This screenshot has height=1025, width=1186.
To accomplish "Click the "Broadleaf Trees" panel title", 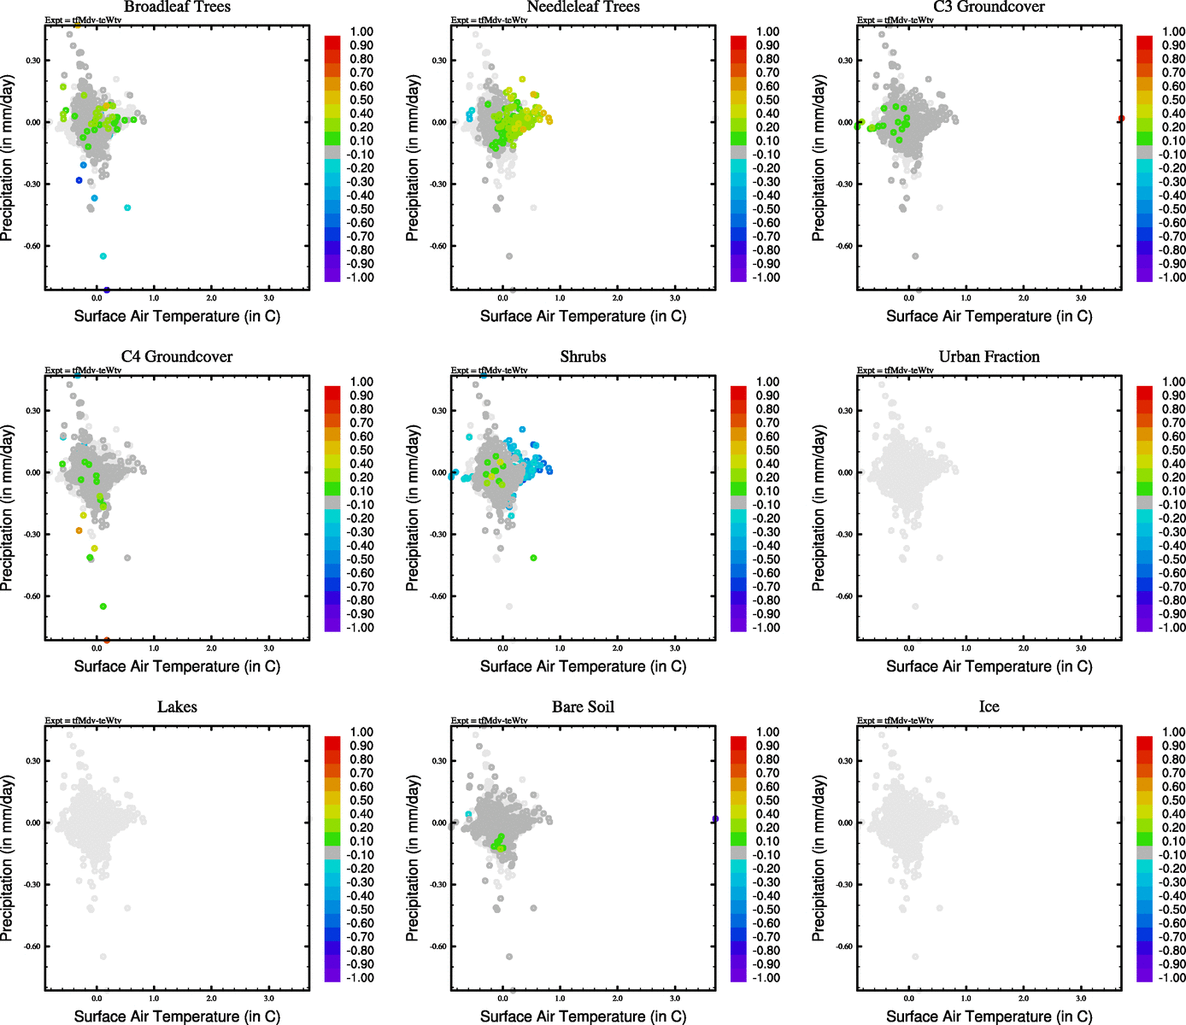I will [x=177, y=7].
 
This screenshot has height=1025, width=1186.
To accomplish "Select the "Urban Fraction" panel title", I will [x=989, y=357].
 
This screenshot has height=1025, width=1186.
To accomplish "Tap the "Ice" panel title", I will [x=989, y=707].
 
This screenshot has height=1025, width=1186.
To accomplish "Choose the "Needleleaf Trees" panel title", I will [x=583, y=7].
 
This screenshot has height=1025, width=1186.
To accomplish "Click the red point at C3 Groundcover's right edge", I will [x=1121, y=119].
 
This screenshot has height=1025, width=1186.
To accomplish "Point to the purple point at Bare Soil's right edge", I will [x=715, y=819].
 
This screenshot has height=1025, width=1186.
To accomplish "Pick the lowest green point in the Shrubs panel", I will [x=533, y=558].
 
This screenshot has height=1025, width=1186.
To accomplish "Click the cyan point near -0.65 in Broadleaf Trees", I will [x=103, y=256].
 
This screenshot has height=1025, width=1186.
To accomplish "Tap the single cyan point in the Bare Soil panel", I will [x=468, y=814].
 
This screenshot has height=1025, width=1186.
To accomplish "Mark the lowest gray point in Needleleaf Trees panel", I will [x=509, y=256].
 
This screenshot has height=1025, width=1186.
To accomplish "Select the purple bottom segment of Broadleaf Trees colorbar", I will [x=332, y=274].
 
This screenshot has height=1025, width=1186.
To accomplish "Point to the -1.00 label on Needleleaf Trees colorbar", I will [x=767, y=278].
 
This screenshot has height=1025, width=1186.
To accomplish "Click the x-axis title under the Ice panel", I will [x=989, y=1016].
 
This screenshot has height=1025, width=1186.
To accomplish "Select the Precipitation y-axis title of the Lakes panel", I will [x=8, y=858].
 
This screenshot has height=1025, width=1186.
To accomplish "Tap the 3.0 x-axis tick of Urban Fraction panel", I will [x=1081, y=648].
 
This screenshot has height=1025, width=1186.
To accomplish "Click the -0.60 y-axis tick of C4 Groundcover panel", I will [x=32, y=596].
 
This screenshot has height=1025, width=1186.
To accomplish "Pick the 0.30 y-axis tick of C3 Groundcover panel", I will [x=844, y=61].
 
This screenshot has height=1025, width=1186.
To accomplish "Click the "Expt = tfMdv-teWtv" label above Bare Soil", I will [x=489, y=721].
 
